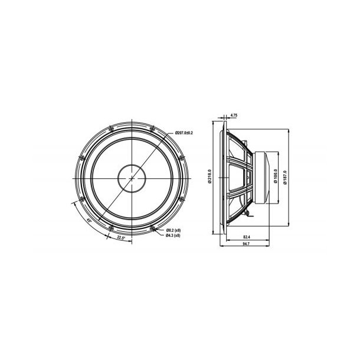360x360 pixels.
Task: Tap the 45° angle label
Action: coord(89,220)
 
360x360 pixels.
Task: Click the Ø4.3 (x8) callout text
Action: coord(174,235)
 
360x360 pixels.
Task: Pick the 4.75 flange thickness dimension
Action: coord(234,115)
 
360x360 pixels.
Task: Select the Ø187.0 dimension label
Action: coord(286,177)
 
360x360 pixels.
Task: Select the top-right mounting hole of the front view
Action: coord(152,128)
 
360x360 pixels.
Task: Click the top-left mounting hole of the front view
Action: coord(110,128)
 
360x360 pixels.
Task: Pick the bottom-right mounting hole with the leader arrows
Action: coord(153,227)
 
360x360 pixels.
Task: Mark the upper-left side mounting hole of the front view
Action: coord(81,156)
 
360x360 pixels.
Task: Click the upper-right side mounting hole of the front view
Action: coord(181,156)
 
